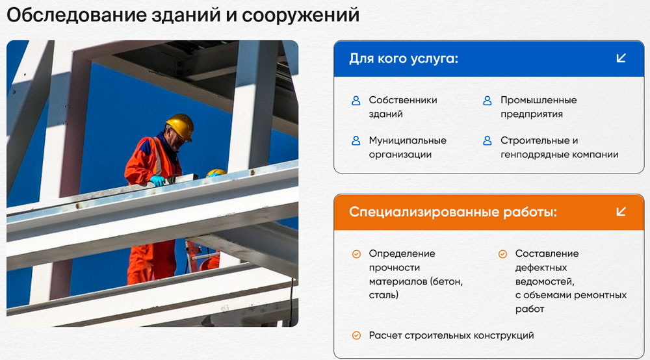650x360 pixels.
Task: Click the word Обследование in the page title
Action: coord(77,16)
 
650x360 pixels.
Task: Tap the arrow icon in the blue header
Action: coord(621,58)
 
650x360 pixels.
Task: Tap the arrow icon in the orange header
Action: coord(621,212)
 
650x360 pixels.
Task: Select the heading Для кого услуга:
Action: coord(404,59)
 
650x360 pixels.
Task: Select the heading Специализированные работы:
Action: coord(452,212)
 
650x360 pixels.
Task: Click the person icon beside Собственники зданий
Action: coord(356,100)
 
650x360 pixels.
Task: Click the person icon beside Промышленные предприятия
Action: coord(487,100)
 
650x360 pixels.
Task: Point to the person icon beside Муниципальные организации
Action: coord(356,141)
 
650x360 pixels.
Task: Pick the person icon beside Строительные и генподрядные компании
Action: coord(487,141)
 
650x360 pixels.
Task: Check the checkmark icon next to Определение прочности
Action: coord(356,254)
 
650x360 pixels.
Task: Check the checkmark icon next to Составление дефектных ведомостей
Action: coord(502,254)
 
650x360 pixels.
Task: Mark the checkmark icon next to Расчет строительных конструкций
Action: coord(356,335)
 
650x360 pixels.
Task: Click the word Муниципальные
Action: coord(408,141)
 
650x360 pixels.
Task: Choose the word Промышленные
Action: coord(538,100)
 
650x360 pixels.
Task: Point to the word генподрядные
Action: coord(534,155)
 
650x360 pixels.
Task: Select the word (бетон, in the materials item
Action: coord(447,282)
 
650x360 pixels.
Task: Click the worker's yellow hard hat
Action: coord(180,125)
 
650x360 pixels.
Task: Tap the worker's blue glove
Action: coord(157,181)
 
